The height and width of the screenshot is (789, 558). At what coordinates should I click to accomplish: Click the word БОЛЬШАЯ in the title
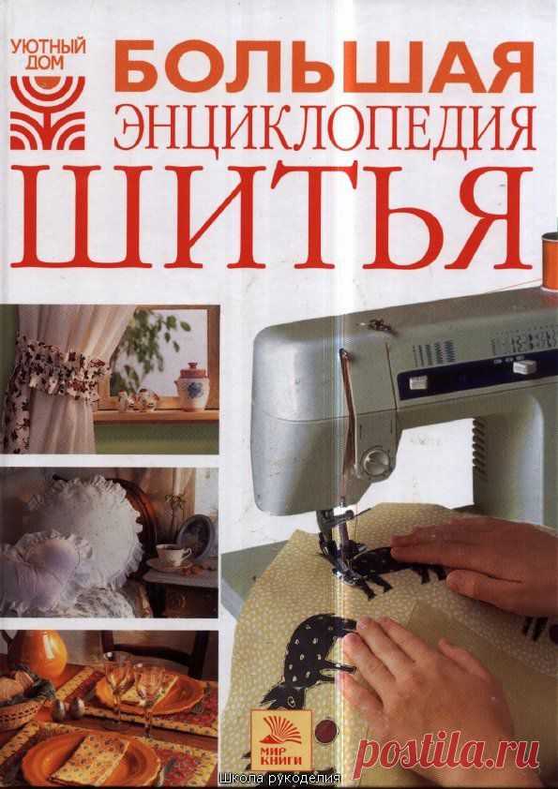324,67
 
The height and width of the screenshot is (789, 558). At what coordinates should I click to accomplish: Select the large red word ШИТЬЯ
272,216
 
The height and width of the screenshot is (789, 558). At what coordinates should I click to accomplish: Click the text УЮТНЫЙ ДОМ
49,55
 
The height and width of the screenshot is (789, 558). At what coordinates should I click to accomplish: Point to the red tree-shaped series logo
49,112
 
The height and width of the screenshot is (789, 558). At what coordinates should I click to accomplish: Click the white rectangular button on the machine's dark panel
523,365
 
